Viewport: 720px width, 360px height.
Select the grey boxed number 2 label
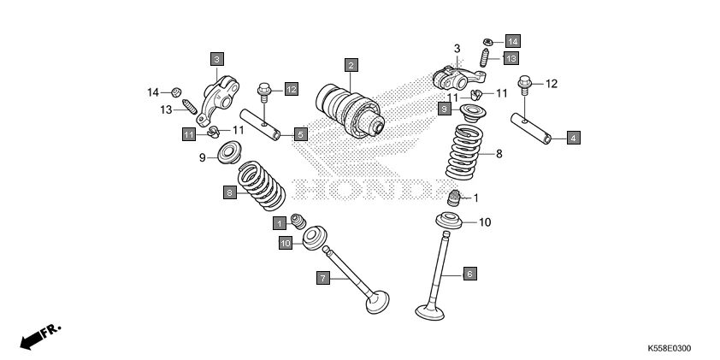click(351, 64)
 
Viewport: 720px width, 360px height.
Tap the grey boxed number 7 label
click(322, 278)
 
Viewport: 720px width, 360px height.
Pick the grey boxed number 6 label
click(469, 274)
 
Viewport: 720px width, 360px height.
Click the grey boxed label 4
click(573, 137)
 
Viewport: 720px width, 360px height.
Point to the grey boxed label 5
click(300, 134)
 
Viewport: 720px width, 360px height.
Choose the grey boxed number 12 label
click(291, 88)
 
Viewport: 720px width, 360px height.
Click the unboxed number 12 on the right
click(552, 84)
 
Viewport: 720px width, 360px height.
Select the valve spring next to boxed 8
click(260, 186)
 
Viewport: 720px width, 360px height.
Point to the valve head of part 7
click(375, 302)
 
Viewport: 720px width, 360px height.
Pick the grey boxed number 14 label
click(511, 41)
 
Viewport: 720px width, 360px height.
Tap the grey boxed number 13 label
click(510, 58)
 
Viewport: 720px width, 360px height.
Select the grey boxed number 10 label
click(286, 244)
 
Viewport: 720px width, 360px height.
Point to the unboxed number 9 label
click(202, 157)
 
